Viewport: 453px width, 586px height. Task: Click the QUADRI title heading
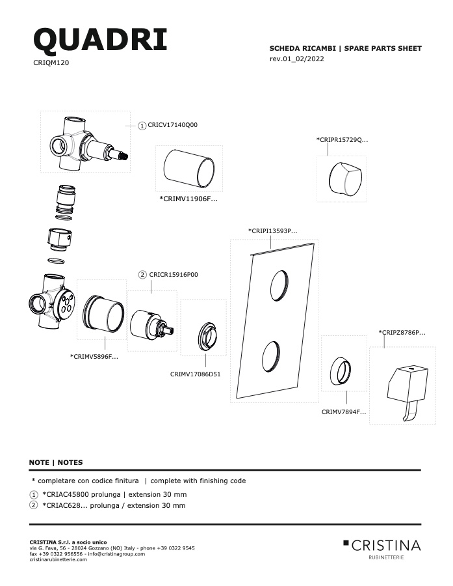pos(100,40)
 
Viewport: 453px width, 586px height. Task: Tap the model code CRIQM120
pos(51,63)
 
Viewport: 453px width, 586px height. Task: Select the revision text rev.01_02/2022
pos(296,59)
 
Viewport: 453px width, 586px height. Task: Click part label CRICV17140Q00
pos(172,125)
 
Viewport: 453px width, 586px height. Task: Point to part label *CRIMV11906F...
pos(188,199)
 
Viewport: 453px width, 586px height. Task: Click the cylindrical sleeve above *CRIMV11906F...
pos(189,169)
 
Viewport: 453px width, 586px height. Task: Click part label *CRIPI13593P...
pos(273,231)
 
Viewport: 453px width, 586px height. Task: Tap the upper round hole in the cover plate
pos(279,285)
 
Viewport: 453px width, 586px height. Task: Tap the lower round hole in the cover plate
pos(270,356)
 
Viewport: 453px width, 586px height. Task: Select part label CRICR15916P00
pos(174,275)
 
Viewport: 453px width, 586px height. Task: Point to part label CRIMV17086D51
pos(195,374)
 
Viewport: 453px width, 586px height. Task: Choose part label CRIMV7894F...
pos(344,412)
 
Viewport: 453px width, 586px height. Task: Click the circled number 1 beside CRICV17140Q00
pos(142,126)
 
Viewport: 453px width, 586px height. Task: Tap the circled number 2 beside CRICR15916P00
pos(142,275)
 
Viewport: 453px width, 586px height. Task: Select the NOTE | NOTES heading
pos(56,462)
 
